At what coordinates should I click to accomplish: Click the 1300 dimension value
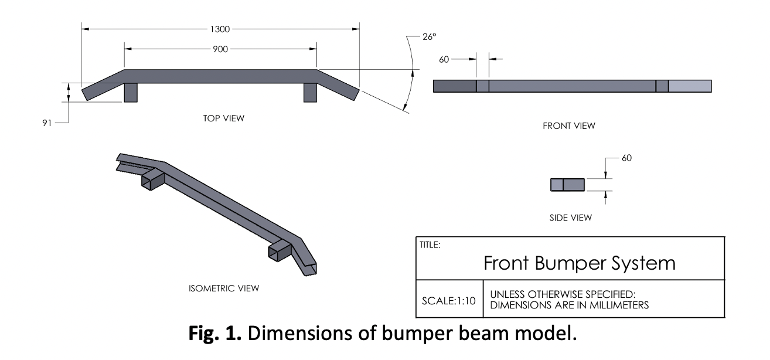[x=220, y=28]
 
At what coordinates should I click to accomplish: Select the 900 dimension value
[x=220, y=49]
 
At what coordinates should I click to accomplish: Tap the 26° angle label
[x=429, y=36]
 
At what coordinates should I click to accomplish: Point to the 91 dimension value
[x=47, y=123]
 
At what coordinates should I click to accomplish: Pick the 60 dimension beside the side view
[x=626, y=158]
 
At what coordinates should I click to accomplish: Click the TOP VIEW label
[x=221, y=118]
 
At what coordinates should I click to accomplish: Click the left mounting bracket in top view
[x=131, y=92]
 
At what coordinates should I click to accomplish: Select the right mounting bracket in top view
[x=310, y=92]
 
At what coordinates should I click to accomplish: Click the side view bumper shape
[x=567, y=185]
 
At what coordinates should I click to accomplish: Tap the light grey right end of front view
[x=690, y=86]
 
